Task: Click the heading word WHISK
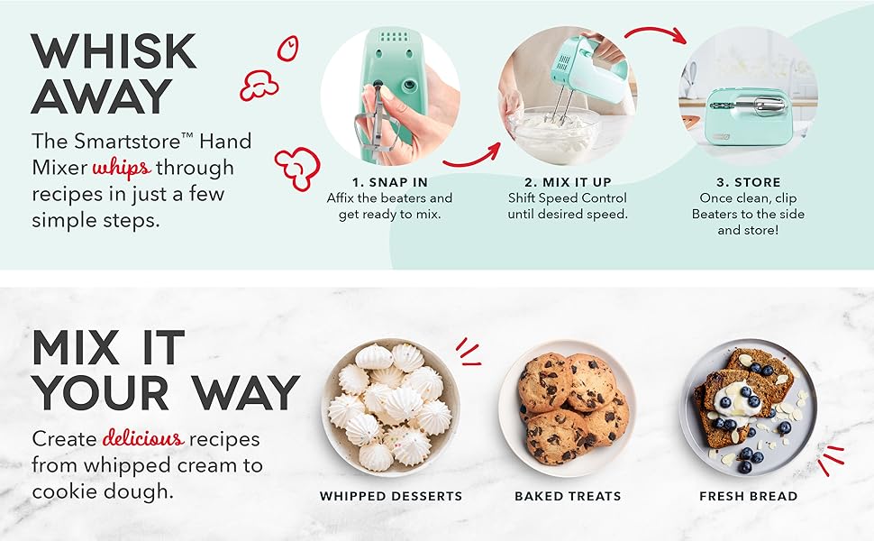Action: [x=114, y=51]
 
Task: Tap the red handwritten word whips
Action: [x=122, y=168]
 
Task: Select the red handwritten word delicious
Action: [x=143, y=439]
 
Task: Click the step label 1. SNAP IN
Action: [x=389, y=182]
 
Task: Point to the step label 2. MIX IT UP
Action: [x=568, y=182]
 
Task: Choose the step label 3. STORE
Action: [x=747, y=182]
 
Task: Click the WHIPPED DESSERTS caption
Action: [x=390, y=496]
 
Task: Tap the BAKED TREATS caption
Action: [x=568, y=496]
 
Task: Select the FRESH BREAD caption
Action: [x=748, y=496]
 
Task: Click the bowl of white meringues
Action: [x=390, y=407]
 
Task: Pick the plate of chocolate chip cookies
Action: [x=568, y=407]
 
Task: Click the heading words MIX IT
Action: [x=108, y=348]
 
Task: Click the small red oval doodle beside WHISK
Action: [x=287, y=49]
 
